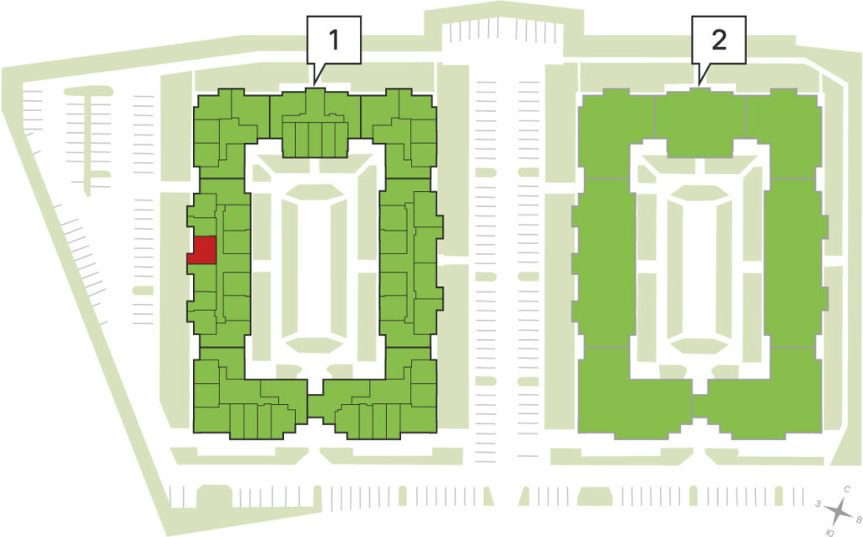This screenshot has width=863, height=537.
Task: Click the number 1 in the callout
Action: point(334,40)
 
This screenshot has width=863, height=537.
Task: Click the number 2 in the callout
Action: point(719,40)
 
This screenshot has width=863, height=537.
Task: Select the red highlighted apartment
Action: point(202,251)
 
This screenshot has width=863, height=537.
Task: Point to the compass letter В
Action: point(858,518)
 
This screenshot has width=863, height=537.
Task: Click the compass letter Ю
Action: point(830,532)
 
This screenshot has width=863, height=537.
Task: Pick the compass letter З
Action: point(819,503)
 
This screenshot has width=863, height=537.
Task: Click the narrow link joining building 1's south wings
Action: point(314,407)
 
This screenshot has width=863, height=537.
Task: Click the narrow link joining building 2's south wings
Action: point(699,407)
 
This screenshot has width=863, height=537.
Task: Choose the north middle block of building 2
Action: point(700,122)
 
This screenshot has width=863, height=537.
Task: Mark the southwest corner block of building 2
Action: point(633,394)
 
